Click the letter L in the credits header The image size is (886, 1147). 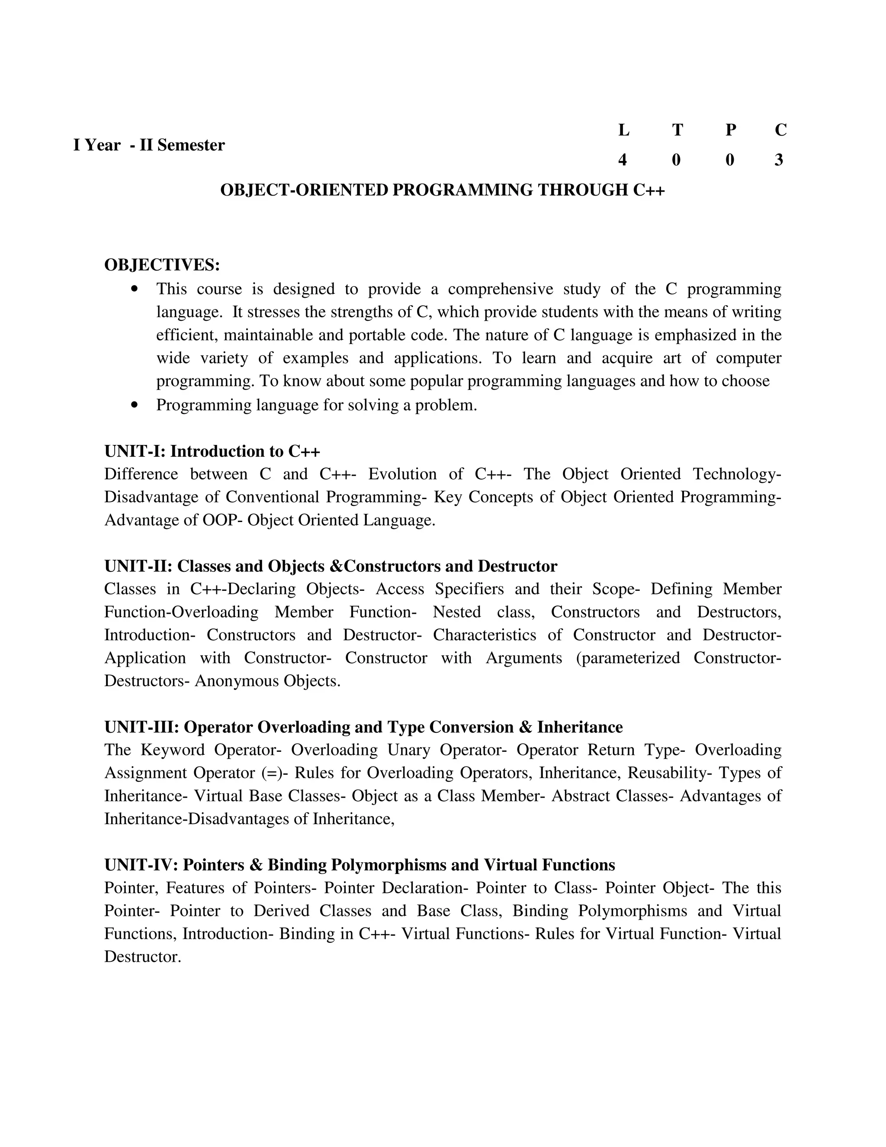(x=623, y=130)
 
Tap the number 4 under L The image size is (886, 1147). (x=623, y=160)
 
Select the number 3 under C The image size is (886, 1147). (x=779, y=160)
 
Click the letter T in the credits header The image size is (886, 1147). (x=677, y=130)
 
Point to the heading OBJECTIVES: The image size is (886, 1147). (x=162, y=265)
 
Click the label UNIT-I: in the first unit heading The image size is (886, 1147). (x=135, y=451)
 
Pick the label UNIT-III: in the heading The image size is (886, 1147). (x=142, y=727)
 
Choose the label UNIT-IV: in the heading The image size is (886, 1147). (x=142, y=864)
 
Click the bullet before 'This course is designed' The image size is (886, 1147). (x=135, y=289)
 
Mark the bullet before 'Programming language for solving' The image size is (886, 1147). (x=135, y=405)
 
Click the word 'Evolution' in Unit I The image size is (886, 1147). (x=402, y=474)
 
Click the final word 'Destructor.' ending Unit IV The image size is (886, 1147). (x=143, y=957)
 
